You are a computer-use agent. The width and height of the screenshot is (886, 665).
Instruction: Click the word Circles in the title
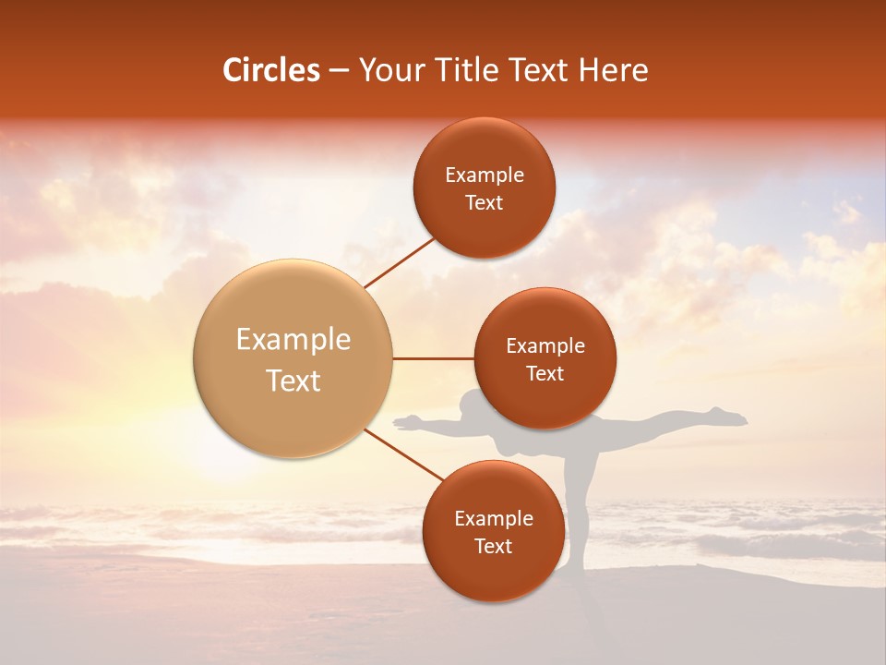271,70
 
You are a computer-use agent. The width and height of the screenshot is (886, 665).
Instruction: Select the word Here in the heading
614,70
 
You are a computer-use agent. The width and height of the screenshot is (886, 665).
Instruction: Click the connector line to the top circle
399,263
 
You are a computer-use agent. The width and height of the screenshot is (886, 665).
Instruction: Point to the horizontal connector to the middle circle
433,358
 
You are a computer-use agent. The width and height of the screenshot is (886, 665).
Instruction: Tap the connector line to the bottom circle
403,455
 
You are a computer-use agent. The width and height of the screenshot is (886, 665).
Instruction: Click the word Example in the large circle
293,340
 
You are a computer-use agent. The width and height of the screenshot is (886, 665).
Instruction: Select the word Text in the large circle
293,381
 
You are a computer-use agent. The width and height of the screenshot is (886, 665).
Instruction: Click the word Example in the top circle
484,175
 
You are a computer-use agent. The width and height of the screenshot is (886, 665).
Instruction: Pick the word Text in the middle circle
545,373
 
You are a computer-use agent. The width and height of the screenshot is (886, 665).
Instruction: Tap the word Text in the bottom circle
493,546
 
